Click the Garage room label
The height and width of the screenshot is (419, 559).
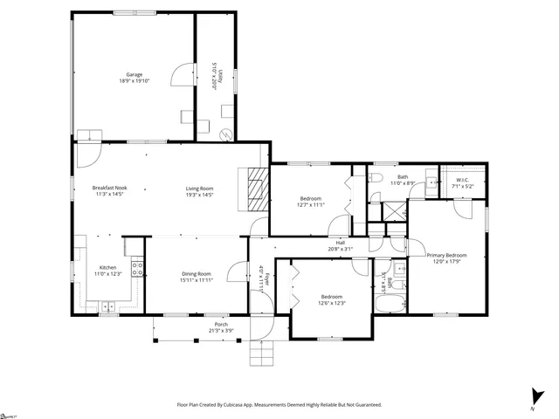(x=134, y=75)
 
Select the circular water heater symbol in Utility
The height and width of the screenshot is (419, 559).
(x=226, y=134)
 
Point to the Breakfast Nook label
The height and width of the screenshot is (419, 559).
(x=110, y=188)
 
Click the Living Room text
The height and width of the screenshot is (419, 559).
(x=199, y=188)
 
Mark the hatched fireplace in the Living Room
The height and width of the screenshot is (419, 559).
(x=255, y=188)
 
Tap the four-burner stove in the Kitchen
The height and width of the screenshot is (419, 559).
(x=137, y=269)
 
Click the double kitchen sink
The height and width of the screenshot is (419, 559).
(x=107, y=306)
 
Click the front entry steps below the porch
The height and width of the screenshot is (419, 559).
(x=261, y=354)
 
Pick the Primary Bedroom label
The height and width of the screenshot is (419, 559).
(x=446, y=255)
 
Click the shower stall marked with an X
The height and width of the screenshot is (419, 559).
(x=394, y=210)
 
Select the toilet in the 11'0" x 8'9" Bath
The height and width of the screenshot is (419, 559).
(x=375, y=177)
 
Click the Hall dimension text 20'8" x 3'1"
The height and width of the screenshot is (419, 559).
(x=340, y=249)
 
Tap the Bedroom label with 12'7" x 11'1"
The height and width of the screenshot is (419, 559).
(x=309, y=199)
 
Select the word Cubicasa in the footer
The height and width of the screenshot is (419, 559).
(x=247, y=405)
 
